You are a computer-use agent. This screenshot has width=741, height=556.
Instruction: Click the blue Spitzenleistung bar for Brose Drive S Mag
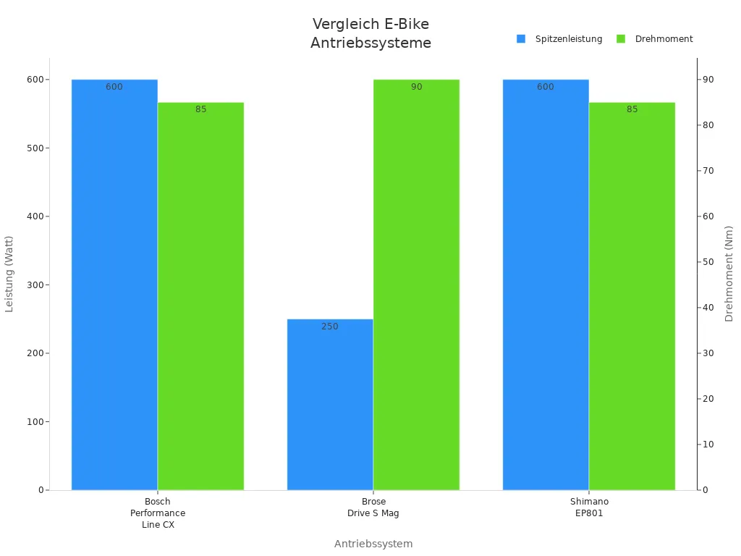(x=330, y=405)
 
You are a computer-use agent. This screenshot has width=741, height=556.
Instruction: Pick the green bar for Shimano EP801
(x=632, y=296)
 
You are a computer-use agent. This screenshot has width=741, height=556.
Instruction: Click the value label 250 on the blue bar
(x=330, y=327)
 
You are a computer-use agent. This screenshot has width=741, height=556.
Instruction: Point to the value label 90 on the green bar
(x=417, y=87)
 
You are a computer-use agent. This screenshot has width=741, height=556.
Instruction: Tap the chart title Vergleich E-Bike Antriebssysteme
(x=370, y=33)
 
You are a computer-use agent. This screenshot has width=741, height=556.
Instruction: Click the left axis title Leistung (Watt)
(x=9, y=274)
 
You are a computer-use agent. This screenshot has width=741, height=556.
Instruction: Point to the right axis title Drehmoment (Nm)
(x=729, y=274)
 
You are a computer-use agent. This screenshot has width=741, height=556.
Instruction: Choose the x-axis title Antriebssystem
(x=373, y=544)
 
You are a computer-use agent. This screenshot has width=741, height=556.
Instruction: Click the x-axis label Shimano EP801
(x=589, y=507)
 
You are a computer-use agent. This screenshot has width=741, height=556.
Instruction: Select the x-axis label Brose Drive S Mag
(x=373, y=507)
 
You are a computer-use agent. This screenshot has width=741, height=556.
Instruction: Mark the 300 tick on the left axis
(x=31, y=285)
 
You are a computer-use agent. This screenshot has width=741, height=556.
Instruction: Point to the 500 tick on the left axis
(x=31, y=148)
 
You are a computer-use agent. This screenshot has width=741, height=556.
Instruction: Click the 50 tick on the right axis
(x=709, y=262)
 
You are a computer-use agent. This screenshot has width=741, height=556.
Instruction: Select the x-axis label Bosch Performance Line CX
(x=158, y=513)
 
